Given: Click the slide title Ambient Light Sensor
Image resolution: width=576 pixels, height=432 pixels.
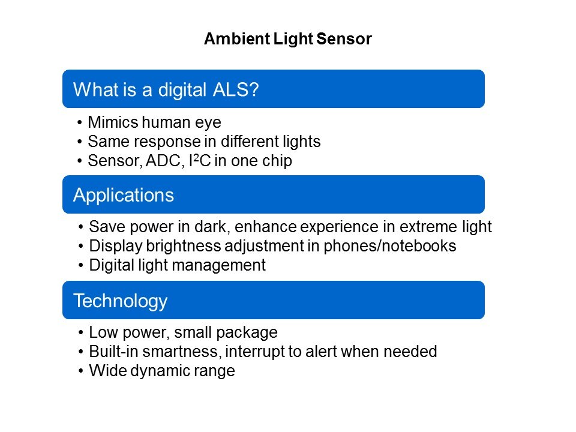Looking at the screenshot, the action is tap(288, 39).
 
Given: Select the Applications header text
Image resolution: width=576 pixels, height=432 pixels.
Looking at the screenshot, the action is tap(124, 195).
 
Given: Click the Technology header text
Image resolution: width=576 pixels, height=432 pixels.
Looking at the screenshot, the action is tap(121, 301).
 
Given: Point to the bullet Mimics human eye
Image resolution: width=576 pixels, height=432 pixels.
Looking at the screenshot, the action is tap(154, 122).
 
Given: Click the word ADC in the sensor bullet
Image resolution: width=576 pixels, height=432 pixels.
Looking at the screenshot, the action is tap(163, 161).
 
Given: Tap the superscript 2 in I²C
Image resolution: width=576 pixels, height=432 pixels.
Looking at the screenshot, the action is tap(196, 157).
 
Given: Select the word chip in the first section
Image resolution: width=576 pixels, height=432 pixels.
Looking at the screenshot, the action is tap(276, 161).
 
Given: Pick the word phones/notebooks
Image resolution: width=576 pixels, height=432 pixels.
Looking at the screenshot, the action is tap(390, 246).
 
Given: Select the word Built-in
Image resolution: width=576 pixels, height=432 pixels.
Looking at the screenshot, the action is tap(114, 352).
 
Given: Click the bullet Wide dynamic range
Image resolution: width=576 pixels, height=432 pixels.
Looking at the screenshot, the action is tap(162, 371).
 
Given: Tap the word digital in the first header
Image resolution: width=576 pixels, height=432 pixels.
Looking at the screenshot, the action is tap(182, 89).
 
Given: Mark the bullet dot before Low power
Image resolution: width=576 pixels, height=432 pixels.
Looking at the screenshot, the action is tap(81, 333).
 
